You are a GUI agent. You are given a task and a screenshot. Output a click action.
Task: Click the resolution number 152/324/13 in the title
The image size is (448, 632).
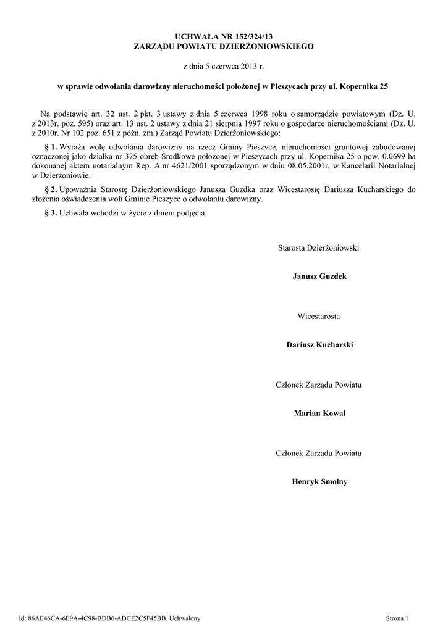coord(253,36)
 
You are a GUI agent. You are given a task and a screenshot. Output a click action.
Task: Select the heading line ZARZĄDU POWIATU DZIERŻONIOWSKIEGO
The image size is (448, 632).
coord(224,46)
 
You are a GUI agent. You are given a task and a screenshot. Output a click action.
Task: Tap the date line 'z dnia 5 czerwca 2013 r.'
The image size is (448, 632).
coord(224,65)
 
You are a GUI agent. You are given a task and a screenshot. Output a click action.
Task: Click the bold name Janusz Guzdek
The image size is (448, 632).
coord(319,276)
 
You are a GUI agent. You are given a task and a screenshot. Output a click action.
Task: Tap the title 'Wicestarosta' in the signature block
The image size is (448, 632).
coord(319,316)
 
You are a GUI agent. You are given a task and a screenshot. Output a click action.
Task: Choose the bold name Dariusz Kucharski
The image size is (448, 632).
coord(319,344)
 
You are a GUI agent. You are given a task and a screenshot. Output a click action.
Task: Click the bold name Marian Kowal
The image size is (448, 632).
coord(319,413)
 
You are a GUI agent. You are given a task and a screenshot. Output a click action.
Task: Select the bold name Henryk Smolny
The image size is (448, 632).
coord(319,481)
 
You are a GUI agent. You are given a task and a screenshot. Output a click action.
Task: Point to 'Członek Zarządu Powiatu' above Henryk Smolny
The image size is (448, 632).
coord(319,453)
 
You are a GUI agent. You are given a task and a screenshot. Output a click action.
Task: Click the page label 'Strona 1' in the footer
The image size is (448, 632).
coord(397,618)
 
